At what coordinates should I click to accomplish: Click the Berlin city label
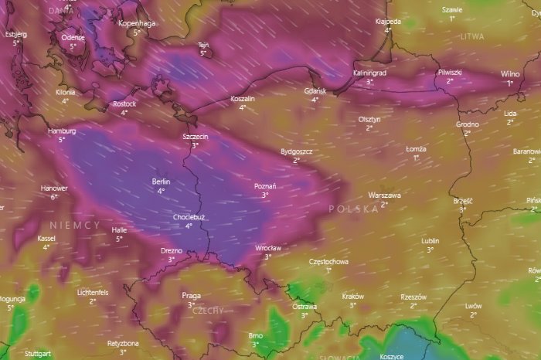point(161,182)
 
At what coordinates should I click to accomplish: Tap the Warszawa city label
point(383,195)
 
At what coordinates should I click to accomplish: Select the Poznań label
point(265,186)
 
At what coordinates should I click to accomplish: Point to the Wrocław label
point(267,248)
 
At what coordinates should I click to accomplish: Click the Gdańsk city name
point(315,91)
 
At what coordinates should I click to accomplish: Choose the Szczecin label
point(196,136)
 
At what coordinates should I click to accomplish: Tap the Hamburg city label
point(62,131)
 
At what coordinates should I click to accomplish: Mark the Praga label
point(191,296)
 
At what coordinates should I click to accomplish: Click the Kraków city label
point(352,296)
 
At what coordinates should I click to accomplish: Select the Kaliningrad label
point(369,73)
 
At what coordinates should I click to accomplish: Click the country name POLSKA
point(353,209)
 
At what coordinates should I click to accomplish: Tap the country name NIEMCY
point(75,224)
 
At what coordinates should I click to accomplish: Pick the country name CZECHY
point(208,310)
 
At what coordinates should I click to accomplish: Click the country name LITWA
point(471,36)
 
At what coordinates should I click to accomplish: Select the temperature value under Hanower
point(54,197)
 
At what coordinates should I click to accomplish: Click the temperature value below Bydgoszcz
point(296,161)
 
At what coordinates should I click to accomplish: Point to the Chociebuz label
point(189,217)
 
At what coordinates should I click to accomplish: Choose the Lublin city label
point(430,241)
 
